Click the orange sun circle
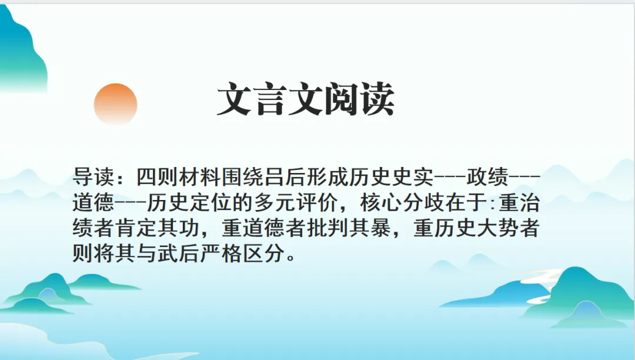115,104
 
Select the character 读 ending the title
377,100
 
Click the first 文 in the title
236,100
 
